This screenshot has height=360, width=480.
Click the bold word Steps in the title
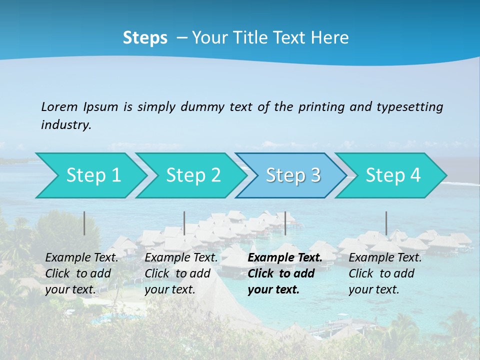145,38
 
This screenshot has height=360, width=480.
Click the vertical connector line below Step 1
84,223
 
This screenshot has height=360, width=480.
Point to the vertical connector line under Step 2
184,223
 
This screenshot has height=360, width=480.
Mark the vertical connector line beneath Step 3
285,223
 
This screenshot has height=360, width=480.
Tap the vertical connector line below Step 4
386,223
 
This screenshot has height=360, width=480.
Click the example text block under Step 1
81,273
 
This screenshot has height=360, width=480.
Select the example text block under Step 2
181,273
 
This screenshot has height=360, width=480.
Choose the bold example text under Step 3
285,273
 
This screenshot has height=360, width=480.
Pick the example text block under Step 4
385,273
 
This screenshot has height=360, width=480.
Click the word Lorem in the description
59,106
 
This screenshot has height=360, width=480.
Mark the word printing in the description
321,106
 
